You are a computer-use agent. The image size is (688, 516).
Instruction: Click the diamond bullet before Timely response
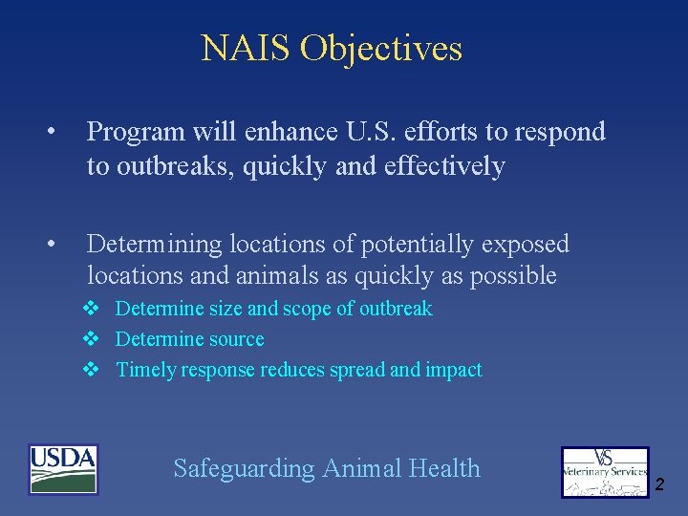pos(92,370)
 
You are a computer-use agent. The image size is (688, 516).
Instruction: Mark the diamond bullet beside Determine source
pos(92,339)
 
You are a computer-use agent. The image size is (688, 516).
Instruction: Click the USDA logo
pos(63,469)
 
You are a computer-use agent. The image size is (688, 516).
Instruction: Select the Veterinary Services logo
pos(604,472)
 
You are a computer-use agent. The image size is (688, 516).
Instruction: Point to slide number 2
pos(659,486)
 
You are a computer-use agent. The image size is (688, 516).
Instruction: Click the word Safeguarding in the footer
pos(244,469)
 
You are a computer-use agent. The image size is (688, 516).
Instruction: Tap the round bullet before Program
pos(57,132)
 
